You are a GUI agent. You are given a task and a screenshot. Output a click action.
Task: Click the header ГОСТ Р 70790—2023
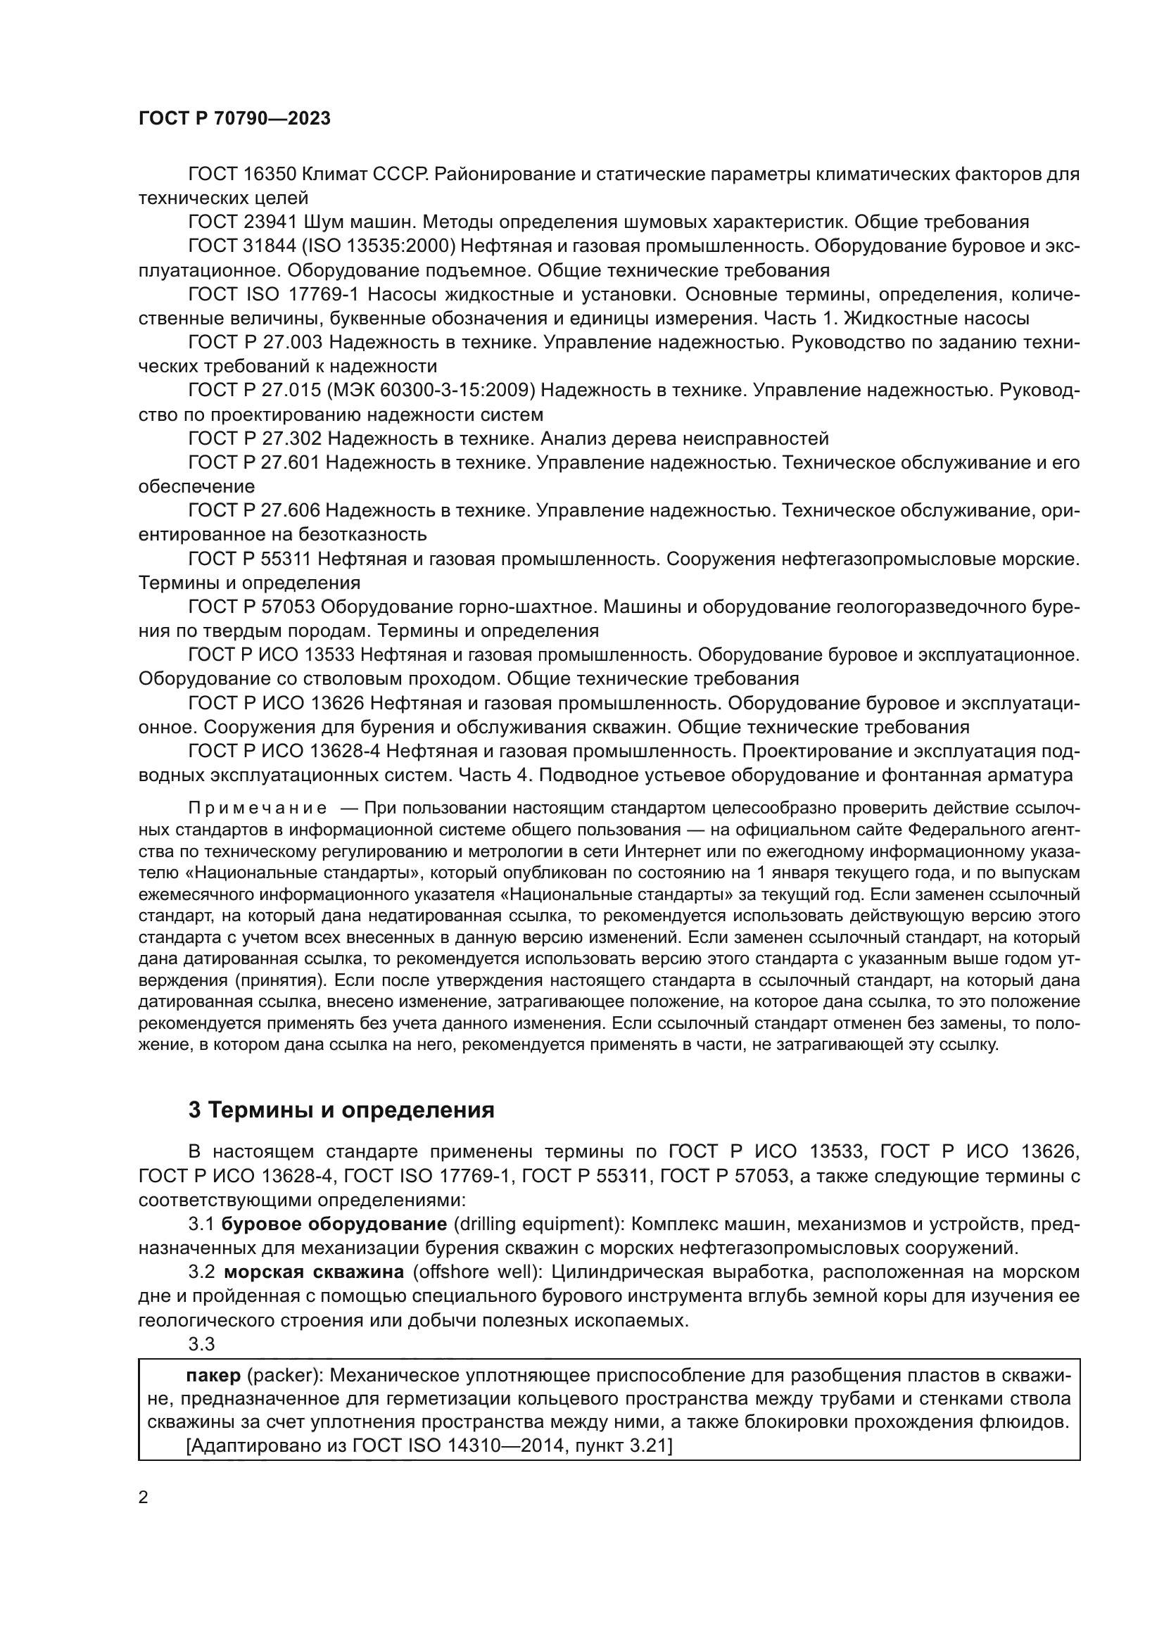tap(234, 119)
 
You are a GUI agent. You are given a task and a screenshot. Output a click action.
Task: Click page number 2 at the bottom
tap(144, 1498)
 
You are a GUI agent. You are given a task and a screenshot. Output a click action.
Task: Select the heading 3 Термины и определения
tap(341, 1110)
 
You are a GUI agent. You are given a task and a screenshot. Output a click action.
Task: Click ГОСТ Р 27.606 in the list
tap(254, 510)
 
